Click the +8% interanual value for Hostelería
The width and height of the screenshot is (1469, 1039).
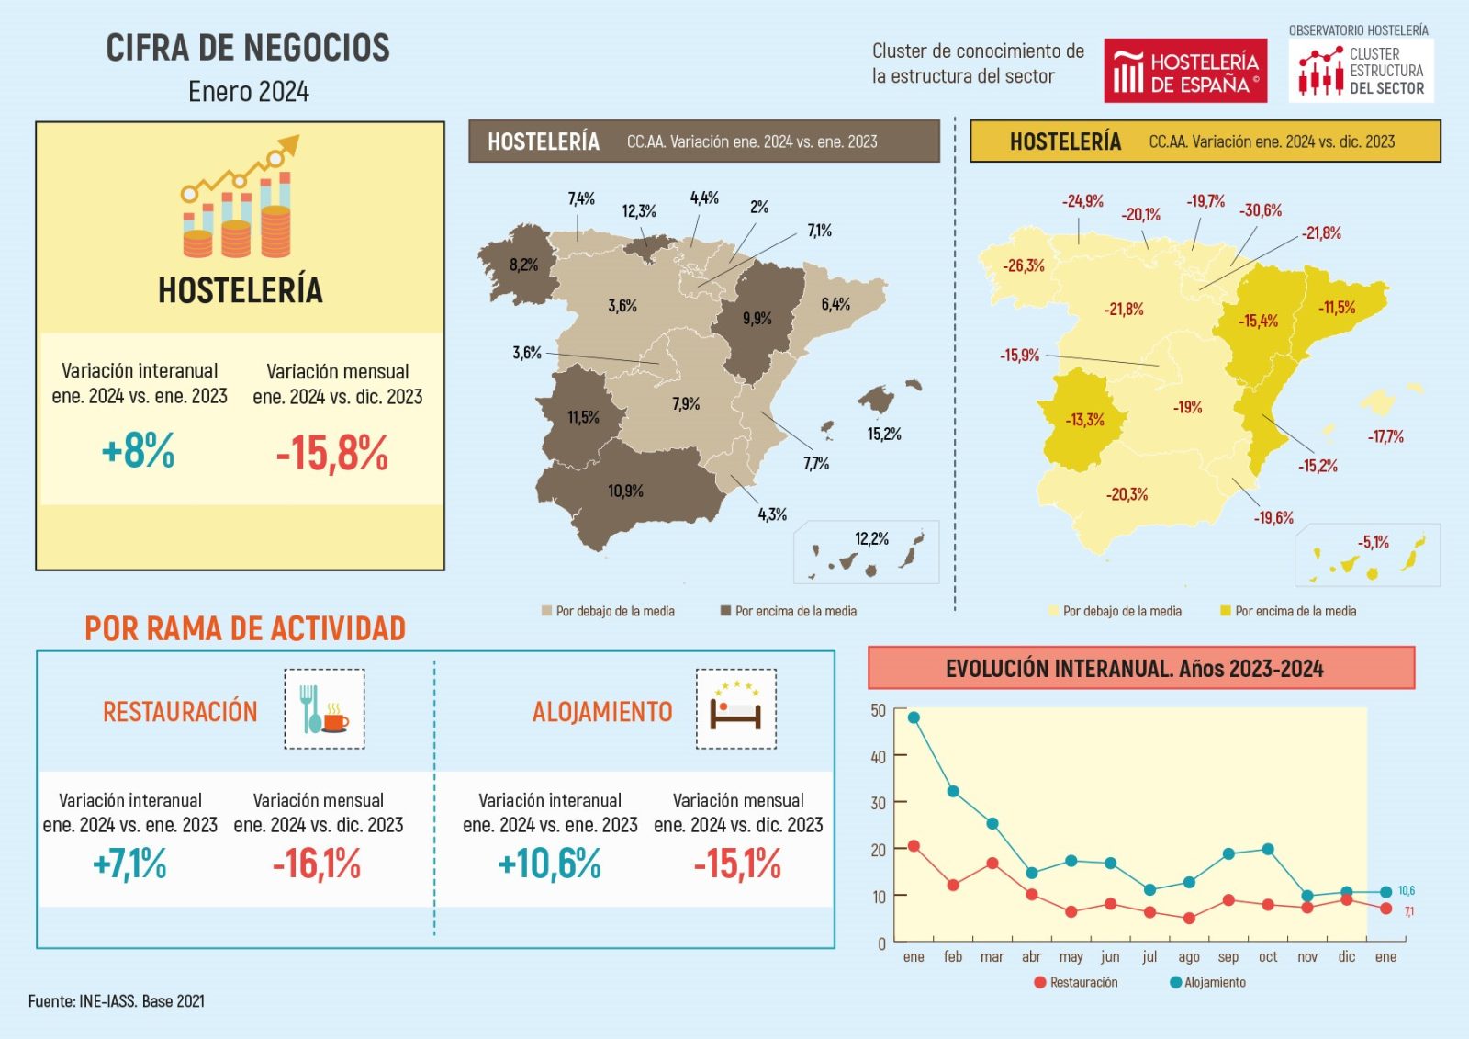tap(138, 451)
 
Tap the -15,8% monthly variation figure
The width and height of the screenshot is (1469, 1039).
tap(332, 453)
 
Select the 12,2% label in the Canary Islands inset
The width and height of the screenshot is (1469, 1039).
tap(871, 538)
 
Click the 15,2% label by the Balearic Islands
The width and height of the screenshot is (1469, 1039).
tap(884, 434)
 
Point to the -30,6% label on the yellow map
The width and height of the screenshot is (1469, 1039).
tap(1261, 210)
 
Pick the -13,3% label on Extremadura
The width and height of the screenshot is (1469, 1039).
tap(1084, 420)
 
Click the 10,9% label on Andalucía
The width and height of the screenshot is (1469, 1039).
tap(625, 491)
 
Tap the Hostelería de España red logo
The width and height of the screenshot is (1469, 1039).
tap(1184, 71)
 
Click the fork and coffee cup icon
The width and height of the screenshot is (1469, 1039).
tap(324, 709)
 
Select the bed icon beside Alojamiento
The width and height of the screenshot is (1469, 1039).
tap(735, 709)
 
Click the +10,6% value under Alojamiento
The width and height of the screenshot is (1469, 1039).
tap(549, 864)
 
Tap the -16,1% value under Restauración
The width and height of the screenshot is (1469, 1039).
tap(317, 864)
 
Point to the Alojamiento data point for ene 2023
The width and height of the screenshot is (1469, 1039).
tap(914, 717)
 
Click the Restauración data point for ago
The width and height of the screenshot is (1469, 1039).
tap(1189, 918)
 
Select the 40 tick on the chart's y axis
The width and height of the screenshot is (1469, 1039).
tap(878, 757)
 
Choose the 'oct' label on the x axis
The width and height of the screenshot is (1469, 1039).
tap(1268, 957)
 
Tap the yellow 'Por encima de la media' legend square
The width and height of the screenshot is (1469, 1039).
tap(1225, 611)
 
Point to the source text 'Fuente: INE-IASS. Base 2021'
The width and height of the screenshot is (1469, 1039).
tap(117, 1001)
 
